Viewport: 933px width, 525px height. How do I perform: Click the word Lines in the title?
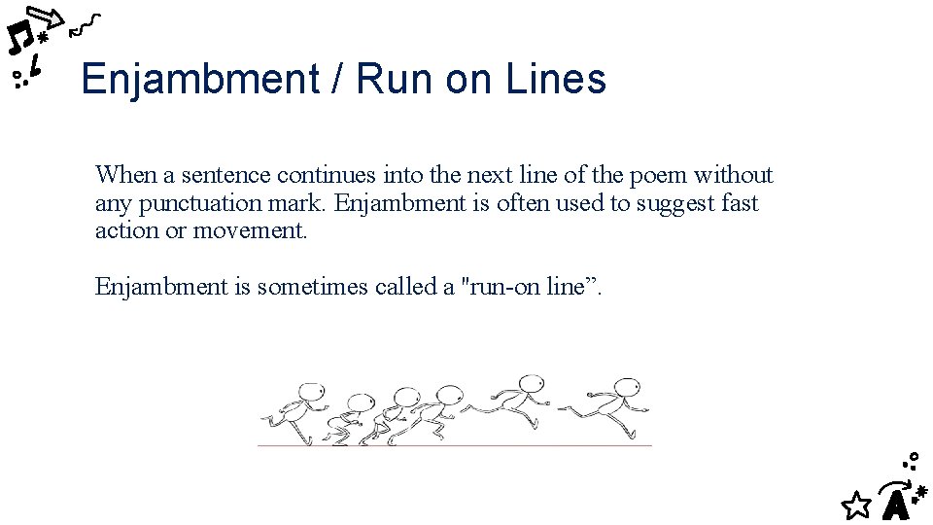(556, 79)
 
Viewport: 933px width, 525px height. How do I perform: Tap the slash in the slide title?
(336, 79)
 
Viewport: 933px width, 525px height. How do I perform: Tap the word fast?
(740, 203)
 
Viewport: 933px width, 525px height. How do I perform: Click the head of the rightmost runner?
(628, 387)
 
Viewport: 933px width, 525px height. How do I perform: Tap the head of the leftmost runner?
(309, 393)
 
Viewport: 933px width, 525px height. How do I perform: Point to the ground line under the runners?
(454, 445)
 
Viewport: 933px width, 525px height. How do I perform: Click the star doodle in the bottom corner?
(855, 504)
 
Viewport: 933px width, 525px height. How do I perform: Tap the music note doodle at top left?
(18, 38)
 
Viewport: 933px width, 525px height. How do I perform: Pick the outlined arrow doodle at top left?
(45, 17)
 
